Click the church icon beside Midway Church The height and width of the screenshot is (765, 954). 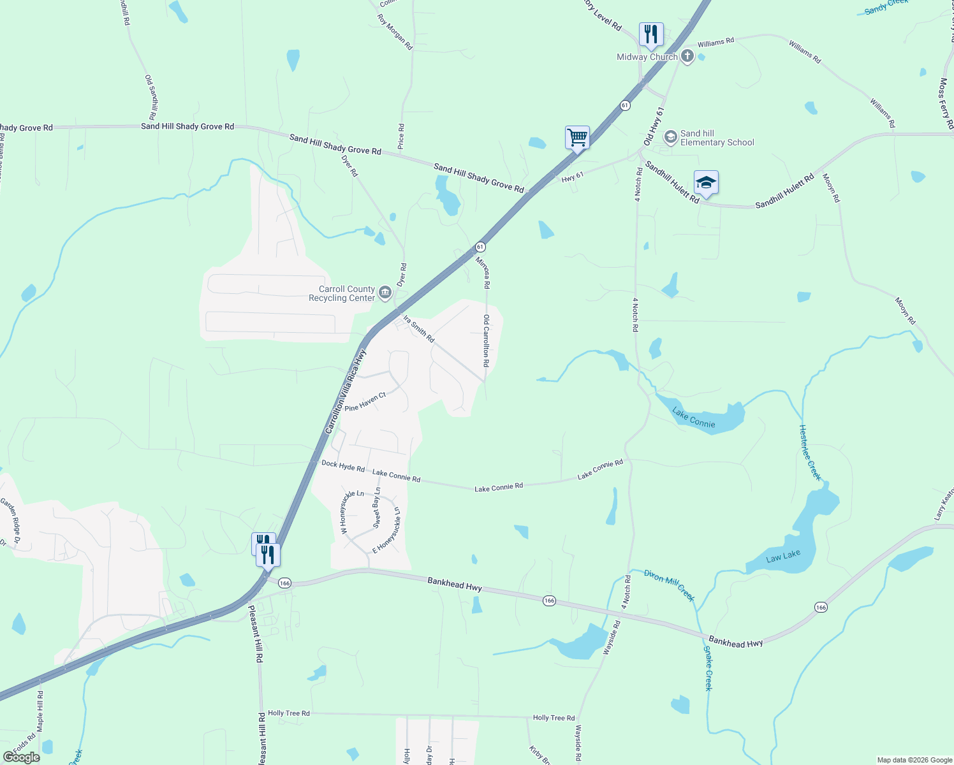tap(687, 57)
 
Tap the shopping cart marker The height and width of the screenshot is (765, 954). tap(577, 137)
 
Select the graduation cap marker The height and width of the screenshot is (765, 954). tap(706, 183)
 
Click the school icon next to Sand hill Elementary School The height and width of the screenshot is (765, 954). tap(670, 137)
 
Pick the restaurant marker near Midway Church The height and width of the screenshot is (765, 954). tap(651, 34)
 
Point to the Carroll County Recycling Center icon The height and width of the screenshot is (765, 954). tap(385, 293)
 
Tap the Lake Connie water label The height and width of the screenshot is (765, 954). tap(694, 419)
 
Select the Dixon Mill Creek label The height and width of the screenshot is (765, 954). tap(669, 585)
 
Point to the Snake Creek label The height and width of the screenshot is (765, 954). tap(708, 668)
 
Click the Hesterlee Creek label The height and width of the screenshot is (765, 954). tap(810, 452)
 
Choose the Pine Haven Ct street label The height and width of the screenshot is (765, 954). tap(365, 402)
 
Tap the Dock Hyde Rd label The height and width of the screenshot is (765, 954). tap(343, 466)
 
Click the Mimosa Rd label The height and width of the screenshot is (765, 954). tap(483, 272)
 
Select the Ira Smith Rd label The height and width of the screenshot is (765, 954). tap(418, 328)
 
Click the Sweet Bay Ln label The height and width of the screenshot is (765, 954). tap(377, 507)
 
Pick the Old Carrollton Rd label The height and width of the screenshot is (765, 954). tap(486, 340)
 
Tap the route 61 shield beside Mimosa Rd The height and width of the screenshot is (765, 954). tap(480, 247)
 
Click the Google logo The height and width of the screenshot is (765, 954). tap(21, 757)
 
